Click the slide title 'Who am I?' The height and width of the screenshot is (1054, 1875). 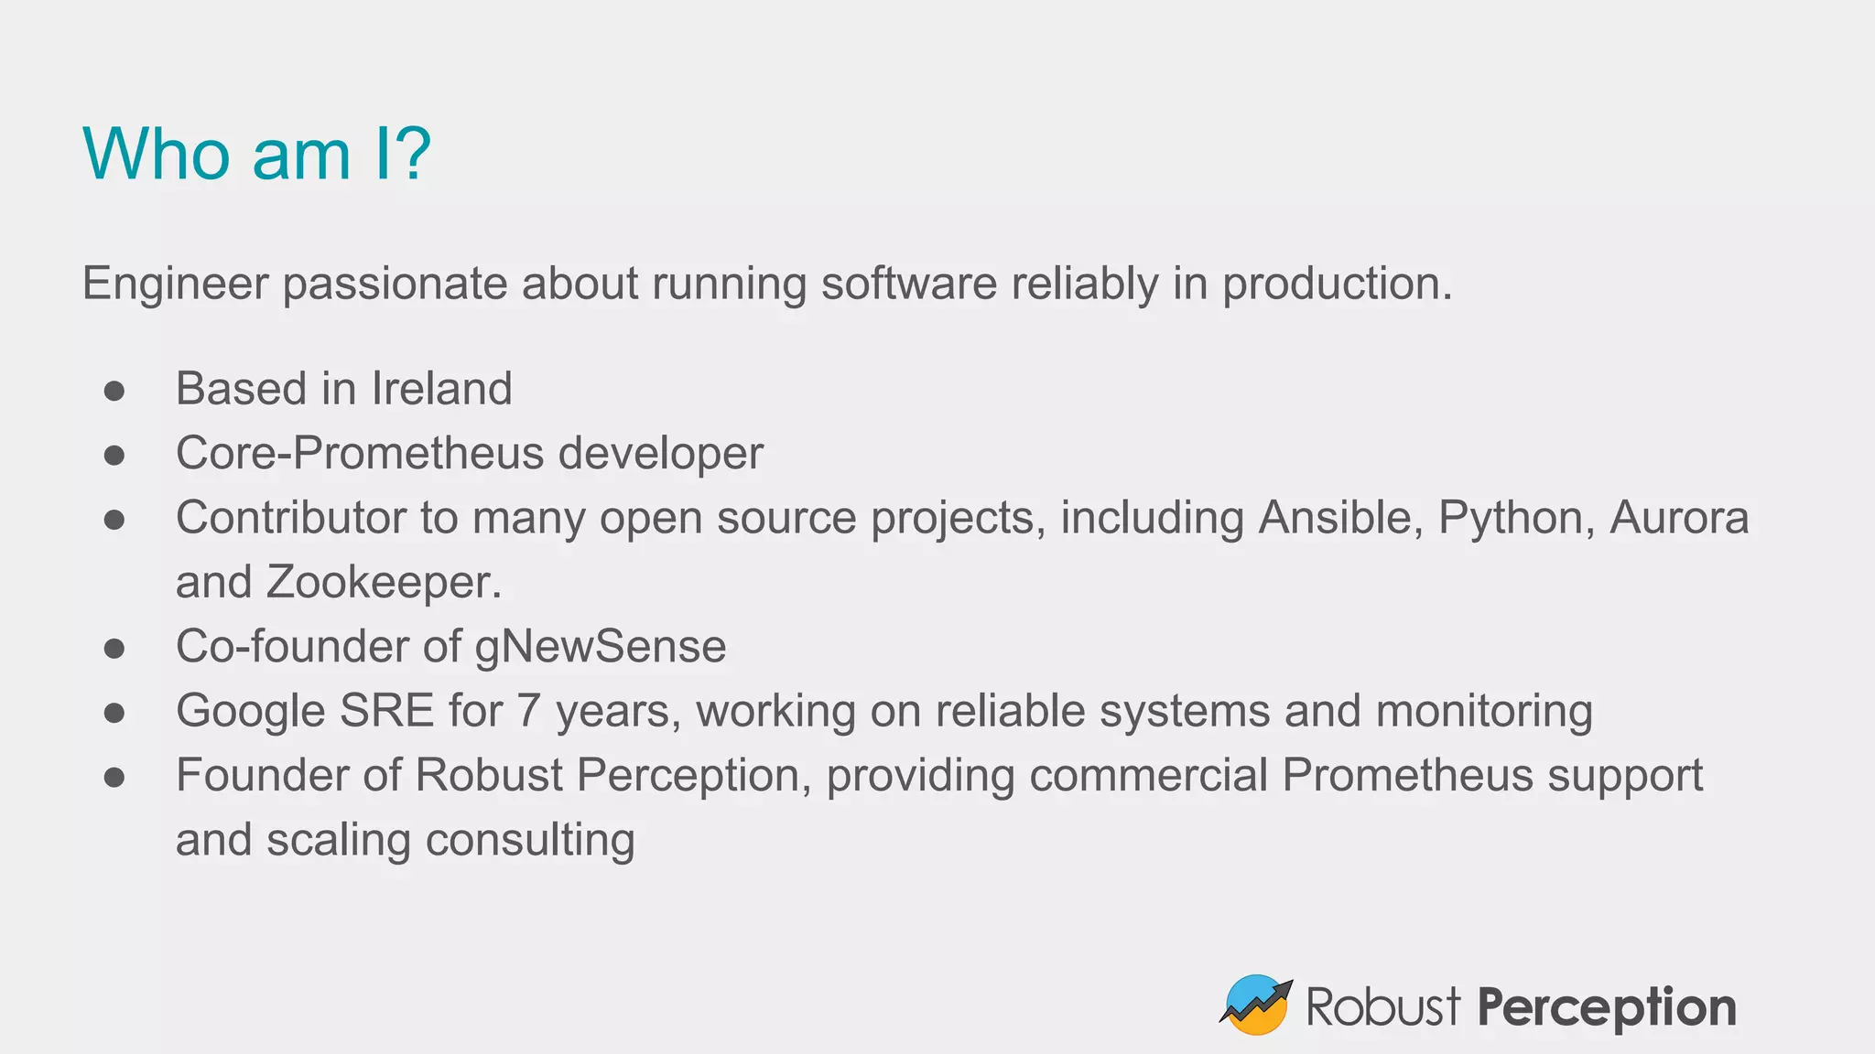pos(256,154)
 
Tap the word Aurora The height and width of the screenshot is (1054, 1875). pos(1679,518)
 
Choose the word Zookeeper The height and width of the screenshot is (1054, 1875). pos(384,583)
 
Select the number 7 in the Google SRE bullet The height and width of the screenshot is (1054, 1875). pos(528,712)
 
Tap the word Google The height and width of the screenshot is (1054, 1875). pos(250,712)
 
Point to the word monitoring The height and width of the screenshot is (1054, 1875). pos(1483,712)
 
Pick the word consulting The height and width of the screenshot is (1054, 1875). pos(530,840)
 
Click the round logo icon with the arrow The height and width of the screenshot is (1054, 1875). pos(1255,1005)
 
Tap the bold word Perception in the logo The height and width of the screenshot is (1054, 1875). pos(1606,1008)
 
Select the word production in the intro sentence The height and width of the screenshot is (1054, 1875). pos(1337,284)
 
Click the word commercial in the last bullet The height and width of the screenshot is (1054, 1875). pos(1148,776)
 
